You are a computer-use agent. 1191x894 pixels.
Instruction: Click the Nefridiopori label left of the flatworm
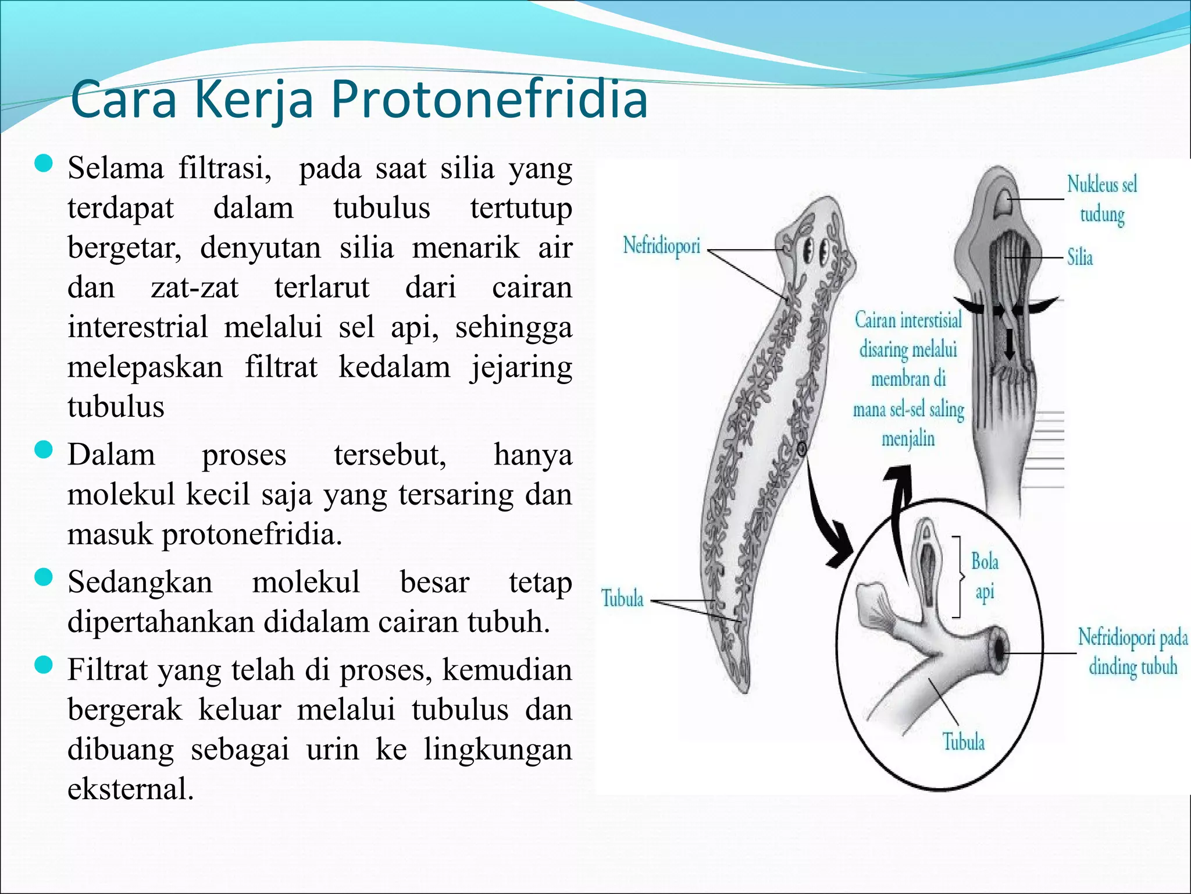[661, 246]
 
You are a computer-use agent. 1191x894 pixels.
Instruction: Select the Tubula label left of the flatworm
[622, 598]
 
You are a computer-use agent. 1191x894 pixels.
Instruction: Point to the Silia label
[1079, 257]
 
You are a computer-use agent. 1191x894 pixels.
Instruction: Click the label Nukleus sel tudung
[1101, 200]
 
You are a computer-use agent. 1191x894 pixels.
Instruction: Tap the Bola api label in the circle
[985, 577]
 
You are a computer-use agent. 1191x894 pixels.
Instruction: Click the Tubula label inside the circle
[963, 742]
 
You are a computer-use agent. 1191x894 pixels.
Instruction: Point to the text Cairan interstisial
[908, 320]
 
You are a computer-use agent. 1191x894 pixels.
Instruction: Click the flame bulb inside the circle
[929, 559]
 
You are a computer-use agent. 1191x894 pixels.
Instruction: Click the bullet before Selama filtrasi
[44, 165]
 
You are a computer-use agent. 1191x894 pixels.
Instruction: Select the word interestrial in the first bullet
[137, 327]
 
